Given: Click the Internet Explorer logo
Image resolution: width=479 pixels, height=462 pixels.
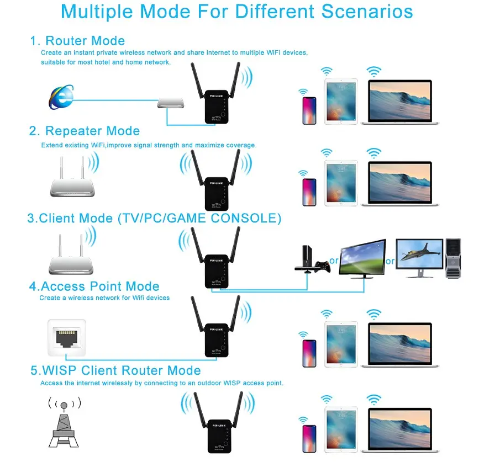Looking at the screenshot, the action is coord(61,97).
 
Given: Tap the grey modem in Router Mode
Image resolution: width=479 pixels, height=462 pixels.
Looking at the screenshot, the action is coord(171,103).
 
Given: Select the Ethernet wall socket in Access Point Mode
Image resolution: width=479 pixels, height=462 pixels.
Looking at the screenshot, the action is coord(67,337).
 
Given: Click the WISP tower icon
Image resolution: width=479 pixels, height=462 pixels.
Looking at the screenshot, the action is coord(64,422).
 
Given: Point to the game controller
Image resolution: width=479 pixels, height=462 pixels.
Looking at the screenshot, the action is coord(323,267).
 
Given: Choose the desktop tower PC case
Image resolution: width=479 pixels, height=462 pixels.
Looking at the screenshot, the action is coord(453,258).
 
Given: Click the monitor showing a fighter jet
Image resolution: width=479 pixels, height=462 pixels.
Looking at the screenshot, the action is coord(419,258).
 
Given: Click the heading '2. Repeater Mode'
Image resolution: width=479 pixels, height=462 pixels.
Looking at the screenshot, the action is coord(85,131).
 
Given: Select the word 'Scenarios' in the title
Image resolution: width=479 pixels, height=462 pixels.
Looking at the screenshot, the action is coord(367,12).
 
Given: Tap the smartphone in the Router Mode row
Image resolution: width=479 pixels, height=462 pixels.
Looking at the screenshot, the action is coord(309,110).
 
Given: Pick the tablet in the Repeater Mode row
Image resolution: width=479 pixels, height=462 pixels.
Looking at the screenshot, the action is coord(341,183).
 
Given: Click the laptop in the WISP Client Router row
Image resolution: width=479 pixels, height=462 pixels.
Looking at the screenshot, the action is coord(400,430).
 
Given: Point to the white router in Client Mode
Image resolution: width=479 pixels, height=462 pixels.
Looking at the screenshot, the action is coord(71,254).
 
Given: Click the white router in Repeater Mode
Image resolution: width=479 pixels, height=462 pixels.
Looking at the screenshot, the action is coord(72,177).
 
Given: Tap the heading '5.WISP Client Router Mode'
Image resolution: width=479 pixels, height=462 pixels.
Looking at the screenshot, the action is coord(115,370).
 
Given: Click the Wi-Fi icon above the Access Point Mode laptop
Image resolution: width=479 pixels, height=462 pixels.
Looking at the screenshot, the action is coord(374,314).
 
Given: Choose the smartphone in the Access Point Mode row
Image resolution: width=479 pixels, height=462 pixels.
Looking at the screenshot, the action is coord(309,353).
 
